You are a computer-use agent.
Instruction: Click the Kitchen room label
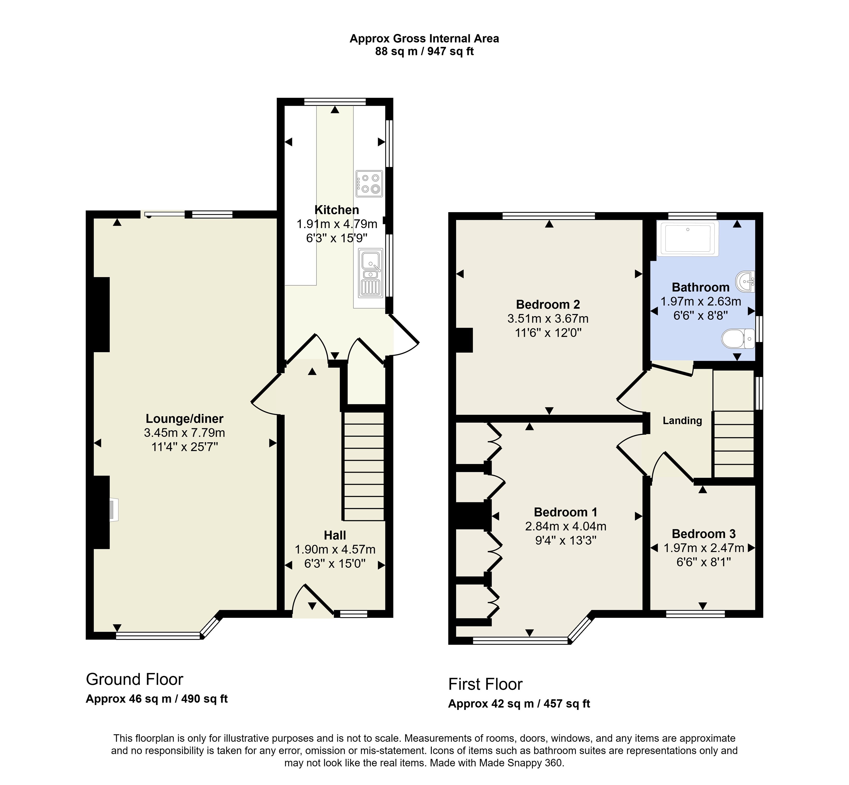(x=337, y=210)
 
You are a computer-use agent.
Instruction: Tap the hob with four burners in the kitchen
(x=369, y=183)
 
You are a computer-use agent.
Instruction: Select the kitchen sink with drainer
(x=370, y=273)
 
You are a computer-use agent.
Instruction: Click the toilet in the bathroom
(x=738, y=338)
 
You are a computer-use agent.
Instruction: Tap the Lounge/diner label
(x=184, y=419)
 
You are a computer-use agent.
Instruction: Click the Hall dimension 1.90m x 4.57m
(x=335, y=550)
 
